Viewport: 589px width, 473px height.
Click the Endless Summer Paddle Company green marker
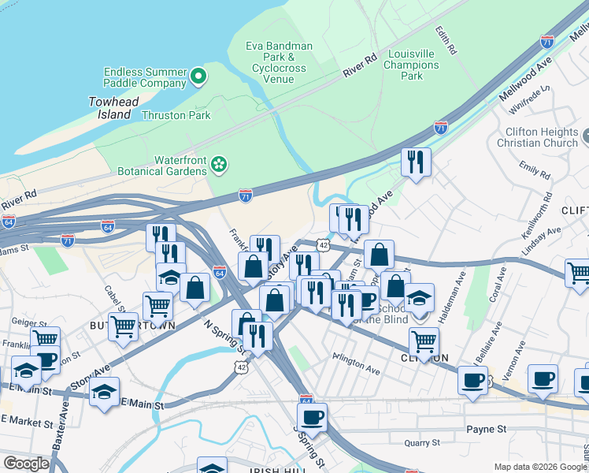198,76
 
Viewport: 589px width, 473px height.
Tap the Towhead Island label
109,108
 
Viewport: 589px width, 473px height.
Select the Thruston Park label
176,115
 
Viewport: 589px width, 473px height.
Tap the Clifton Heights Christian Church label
537,137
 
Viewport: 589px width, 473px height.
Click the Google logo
26,464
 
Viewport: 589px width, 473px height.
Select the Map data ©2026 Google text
540,467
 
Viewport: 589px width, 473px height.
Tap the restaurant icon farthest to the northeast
415,162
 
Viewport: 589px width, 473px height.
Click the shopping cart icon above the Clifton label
424,341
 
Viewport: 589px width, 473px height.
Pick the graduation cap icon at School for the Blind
420,299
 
